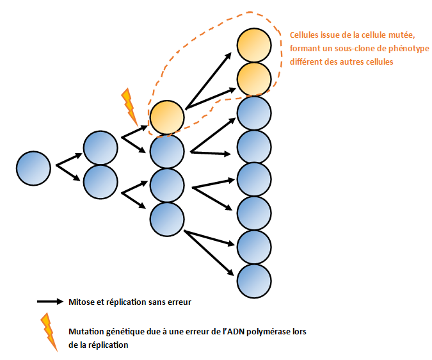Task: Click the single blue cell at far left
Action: pos(33,168)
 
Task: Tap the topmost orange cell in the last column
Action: pos(254,45)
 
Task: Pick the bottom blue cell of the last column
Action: pos(254,281)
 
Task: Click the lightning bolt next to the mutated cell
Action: pos(129,105)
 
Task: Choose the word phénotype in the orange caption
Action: pos(406,49)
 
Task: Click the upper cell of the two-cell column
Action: pos(100,148)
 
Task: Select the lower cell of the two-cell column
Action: pos(100,181)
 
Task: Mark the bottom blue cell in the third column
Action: pos(167,218)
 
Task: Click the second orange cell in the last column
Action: pos(254,79)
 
